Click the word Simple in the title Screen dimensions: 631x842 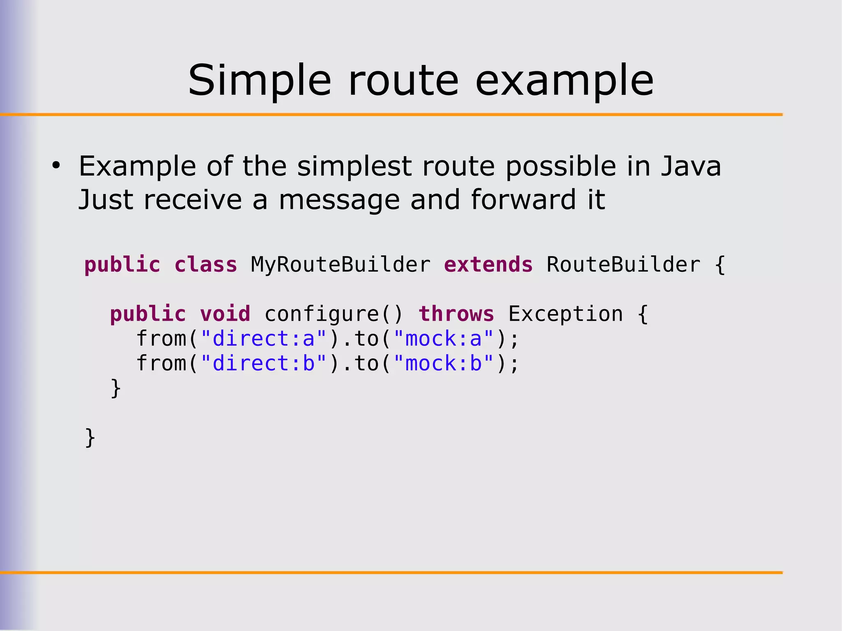259,81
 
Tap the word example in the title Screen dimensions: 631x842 564,81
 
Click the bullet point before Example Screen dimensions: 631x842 56,166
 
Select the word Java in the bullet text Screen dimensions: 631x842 691,166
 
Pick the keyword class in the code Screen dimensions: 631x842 206,265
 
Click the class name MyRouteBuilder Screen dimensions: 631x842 340,265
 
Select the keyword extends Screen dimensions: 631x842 488,265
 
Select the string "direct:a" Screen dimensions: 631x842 264,339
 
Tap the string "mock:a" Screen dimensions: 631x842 443,339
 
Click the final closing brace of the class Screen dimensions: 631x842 90,438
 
